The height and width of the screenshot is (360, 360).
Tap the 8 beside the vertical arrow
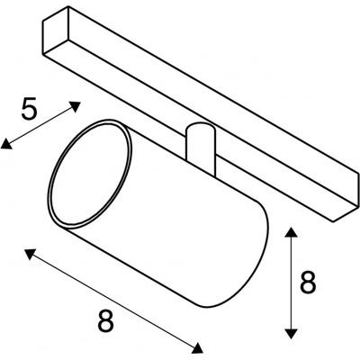pyautogui.click(x=308, y=283)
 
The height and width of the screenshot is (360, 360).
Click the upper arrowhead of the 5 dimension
pyautogui.click(x=75, y=106)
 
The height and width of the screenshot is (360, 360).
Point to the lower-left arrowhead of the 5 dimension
pyautogui.click(x=6, y=144)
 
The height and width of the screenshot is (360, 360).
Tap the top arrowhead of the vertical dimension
pyautogui.click(x=291, y=232)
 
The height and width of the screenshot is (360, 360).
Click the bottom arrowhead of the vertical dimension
pyautogui.click(x=291, y=333)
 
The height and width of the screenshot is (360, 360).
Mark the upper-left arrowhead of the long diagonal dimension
pyautogui.click(x=30, y=254)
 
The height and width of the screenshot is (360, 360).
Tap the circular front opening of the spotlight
pyautogui.click(x=89, y=173)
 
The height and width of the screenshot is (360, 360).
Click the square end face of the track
pyautogui.click(x=56, y=31)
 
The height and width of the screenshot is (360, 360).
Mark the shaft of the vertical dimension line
pyautogui.click(x=291, y=283)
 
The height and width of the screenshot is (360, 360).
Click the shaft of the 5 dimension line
pyautogui.click(x=40, y=125)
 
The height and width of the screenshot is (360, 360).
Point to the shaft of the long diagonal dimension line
pyautogui.click(x=113, y=301)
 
